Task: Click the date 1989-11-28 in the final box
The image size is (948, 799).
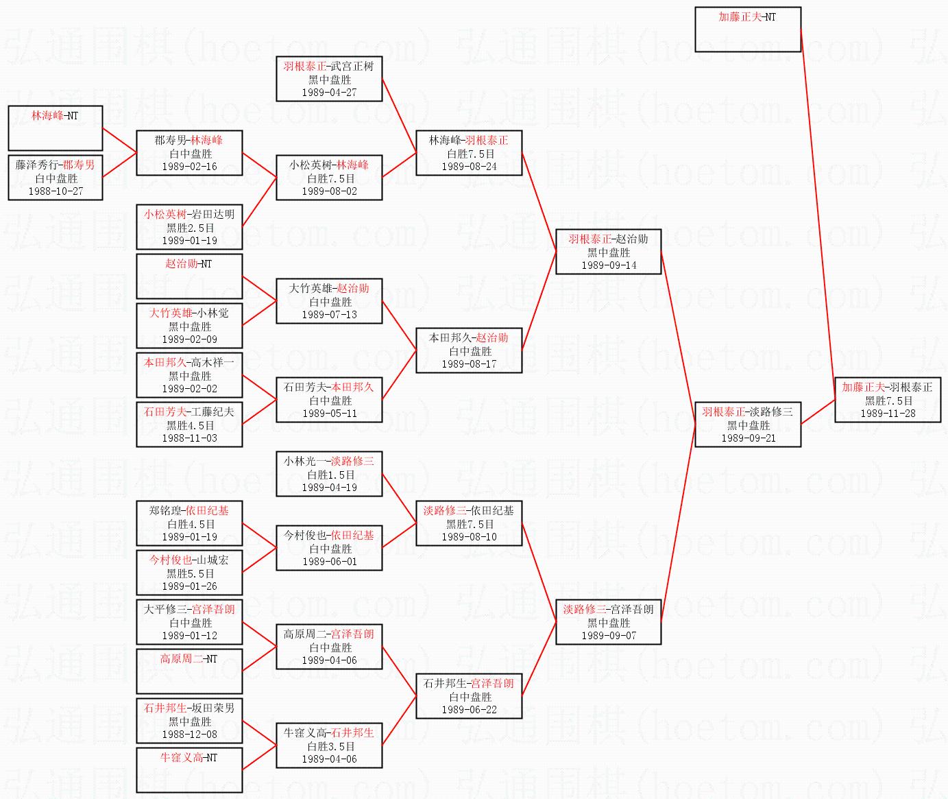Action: tap(888, 414)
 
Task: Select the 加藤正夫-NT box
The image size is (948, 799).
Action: tap(747, 29)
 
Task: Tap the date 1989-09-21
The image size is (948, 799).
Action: tap(748, 438)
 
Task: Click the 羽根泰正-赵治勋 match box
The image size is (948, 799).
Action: tap(608, 252)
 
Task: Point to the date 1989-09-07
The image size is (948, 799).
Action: tap(608, 636)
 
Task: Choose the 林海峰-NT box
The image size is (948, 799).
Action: tap(55, 128)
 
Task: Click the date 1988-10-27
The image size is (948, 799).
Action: tap(55, 191)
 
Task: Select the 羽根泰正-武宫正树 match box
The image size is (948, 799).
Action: tap(329, 79)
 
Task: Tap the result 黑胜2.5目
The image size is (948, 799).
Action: tap(190, 228)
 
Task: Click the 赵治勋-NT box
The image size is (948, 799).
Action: tap(189, 276)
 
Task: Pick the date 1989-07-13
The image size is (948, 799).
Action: tap(329, 315)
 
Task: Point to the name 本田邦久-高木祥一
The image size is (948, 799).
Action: tap(189, 362)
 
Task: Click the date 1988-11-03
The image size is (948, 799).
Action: tap(189, 438)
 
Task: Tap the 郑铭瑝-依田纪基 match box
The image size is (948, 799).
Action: tap(189, 523)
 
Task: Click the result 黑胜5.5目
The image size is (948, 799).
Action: tap(190, 573)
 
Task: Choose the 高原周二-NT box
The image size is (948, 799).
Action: tap(189, 671)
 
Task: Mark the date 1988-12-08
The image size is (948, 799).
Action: tap(189, 735)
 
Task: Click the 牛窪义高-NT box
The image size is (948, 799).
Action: tap(189, 770)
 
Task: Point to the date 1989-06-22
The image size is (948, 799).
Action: tap(469, 710)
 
